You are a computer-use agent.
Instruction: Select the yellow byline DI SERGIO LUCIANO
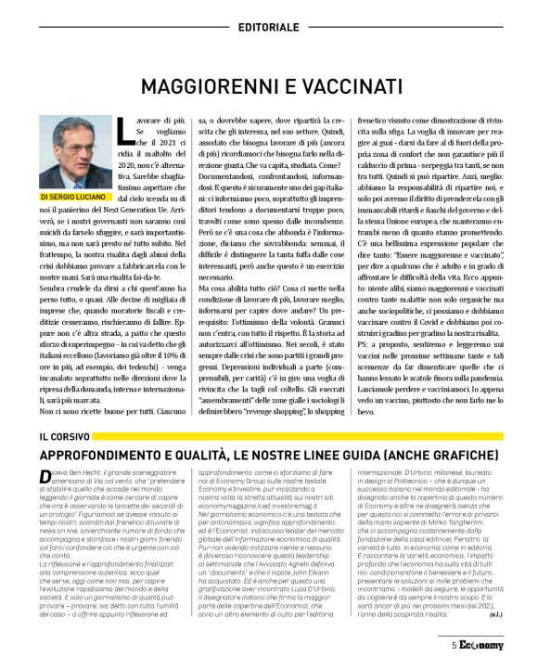76,198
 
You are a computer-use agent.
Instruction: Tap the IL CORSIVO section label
62,436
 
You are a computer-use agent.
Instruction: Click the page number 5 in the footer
455,647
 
